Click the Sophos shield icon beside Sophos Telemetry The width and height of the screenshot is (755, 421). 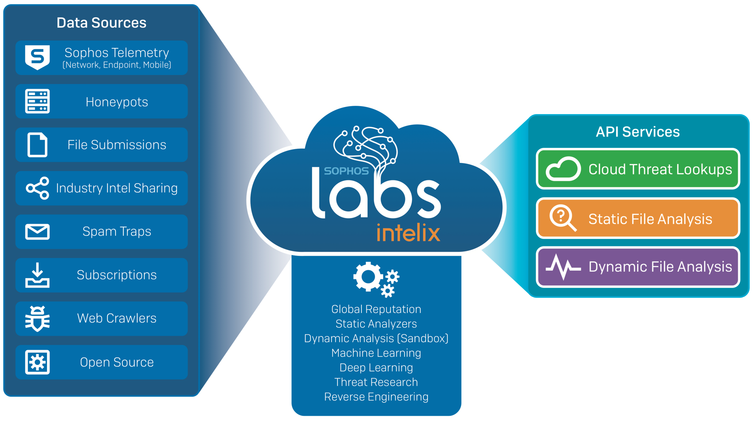tap(37, 57)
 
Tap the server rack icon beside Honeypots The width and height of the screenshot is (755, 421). tap(37, 101)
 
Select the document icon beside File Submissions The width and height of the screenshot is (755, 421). tap(37, 145)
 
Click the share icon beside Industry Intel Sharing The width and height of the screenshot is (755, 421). tap(38, 188)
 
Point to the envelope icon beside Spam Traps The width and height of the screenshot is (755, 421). tap(37, 232)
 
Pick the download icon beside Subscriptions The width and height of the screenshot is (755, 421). tap(37, 275)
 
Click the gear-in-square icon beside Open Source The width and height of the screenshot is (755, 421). tap(37, 362)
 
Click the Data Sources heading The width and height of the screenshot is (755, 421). tap(101, 23)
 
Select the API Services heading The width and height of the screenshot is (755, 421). tap(638, 132)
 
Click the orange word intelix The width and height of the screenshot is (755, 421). tap(408, 233)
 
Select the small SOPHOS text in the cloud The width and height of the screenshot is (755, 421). tap(346, 171)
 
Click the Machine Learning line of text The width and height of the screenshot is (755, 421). tap(376, 353)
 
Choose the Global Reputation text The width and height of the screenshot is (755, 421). tap(376, 309)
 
